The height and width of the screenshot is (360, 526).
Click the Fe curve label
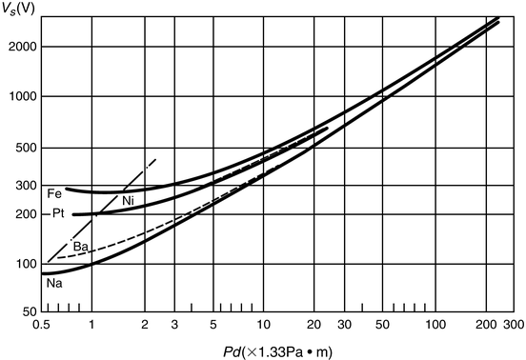(x=53, y=193)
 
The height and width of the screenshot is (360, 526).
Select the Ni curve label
(x=128, y=200)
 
